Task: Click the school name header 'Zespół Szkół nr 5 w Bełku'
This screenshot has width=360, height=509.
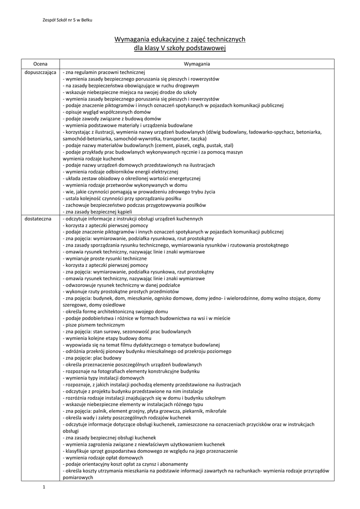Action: [x=68, y=20]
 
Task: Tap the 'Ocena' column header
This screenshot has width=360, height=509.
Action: [x=40, y=64]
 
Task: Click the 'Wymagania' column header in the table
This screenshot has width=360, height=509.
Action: [x=197, y=64]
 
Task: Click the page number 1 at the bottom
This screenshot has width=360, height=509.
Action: [x=44, y=487]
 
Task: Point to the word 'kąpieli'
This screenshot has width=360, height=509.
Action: [x=123, y=212]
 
